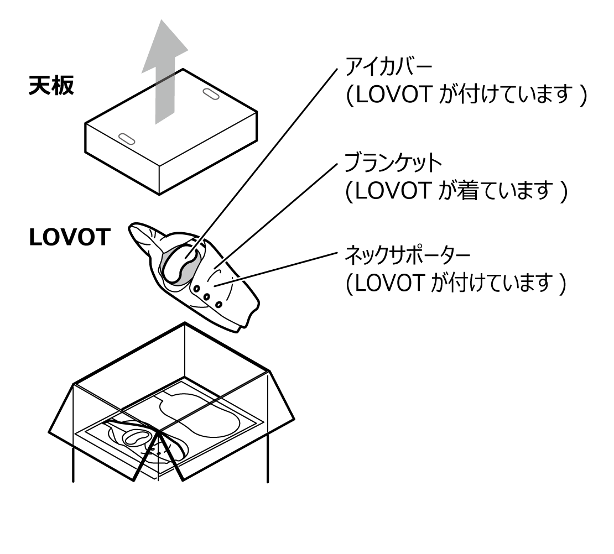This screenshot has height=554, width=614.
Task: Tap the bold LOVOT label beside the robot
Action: coord(69,238)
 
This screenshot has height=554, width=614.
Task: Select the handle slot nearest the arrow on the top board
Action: coord(211,93)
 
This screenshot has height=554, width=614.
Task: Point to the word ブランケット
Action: coord(393,163)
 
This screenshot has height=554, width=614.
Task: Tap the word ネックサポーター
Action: coord(407,256)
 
